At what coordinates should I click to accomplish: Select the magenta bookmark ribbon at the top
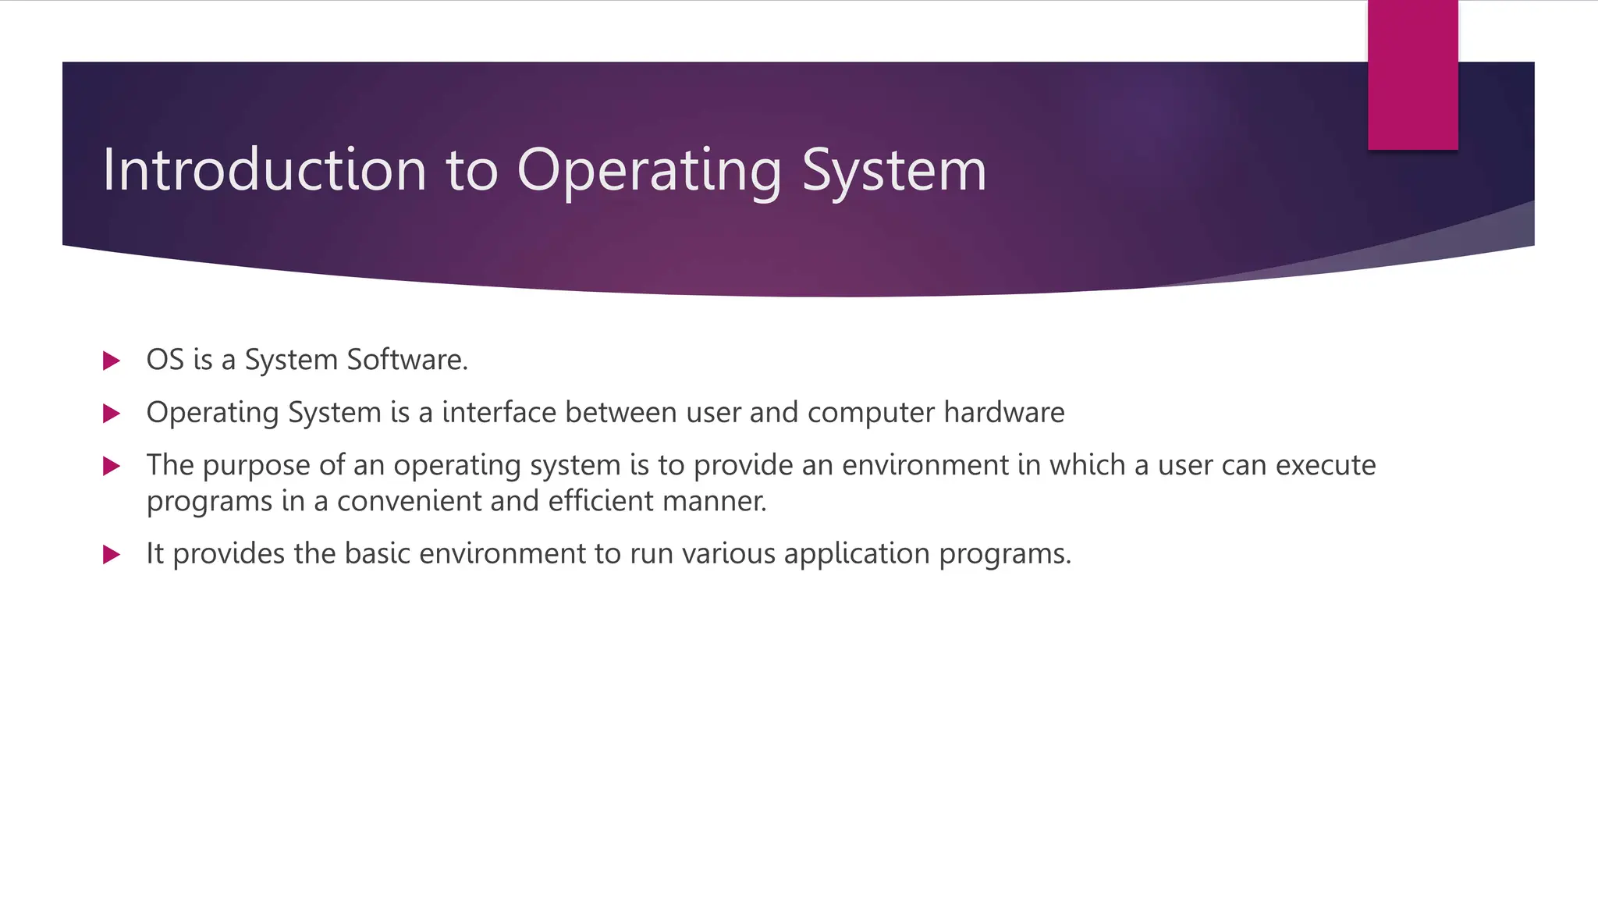[x=1412, y=74]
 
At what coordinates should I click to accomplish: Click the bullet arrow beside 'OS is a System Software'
[x=112, y=361]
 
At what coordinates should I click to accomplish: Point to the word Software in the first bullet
[x=407, y=360]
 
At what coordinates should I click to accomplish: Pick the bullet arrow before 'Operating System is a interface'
[x=112, y=413]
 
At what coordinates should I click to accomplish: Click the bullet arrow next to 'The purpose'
[x=112, y=466]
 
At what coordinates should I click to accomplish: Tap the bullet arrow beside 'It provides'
[x=112, y=555]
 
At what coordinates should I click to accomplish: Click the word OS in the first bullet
[x=165, y=360]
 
